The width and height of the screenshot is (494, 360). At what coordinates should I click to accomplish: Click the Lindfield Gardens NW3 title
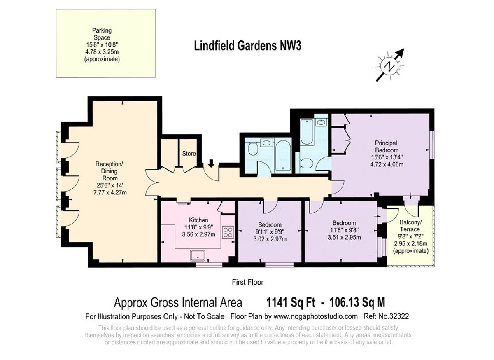pos(248,46)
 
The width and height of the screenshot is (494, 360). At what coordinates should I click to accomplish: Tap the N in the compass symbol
pos(390,66)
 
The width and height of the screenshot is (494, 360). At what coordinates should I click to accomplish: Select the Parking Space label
pos(102,34)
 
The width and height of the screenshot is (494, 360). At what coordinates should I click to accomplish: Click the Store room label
pos(189,154)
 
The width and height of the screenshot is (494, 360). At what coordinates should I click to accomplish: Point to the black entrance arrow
pos(211,164)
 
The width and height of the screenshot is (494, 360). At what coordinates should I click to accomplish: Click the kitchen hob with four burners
pos(228,232)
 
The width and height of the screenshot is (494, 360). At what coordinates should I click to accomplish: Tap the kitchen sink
pos(198,256)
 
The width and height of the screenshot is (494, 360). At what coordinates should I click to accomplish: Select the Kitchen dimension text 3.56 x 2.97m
pos(198,234)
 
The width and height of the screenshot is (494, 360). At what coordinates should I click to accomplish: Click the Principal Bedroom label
pos(387,147)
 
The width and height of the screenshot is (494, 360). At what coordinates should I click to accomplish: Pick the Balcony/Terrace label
pos(410,226)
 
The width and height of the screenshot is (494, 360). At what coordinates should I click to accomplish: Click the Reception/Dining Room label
pos(110,171)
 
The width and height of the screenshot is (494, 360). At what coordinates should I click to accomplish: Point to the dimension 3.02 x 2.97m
pos(270,239)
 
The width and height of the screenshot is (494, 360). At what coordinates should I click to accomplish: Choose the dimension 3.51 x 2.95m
pos(344,238)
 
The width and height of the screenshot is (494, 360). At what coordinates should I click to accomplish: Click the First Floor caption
pos(248,282)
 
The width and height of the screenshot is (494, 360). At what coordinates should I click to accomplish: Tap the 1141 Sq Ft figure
pos(291,302)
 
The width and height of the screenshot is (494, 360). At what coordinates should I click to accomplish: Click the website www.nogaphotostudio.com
pos(316,316)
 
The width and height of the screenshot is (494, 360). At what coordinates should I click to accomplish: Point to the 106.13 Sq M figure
pos(357,302)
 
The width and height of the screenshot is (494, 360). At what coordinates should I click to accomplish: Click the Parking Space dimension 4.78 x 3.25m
pos(102,52)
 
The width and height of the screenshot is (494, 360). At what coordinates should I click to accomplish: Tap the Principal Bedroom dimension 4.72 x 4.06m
pos(387,164)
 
